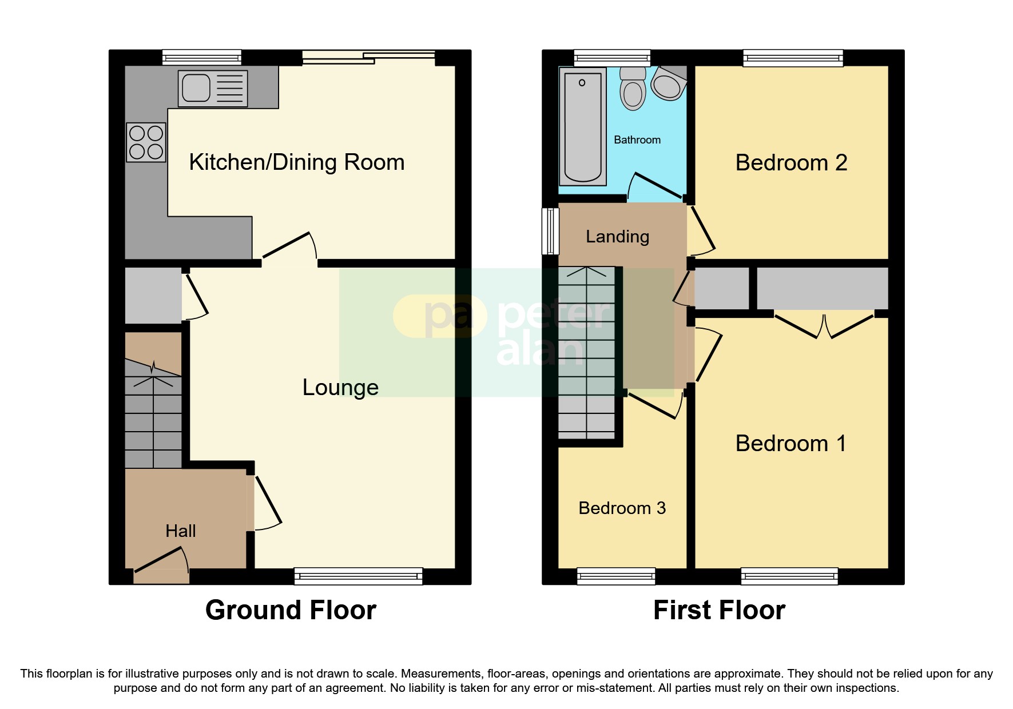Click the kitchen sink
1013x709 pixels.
212,89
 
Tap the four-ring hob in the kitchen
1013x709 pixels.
146,142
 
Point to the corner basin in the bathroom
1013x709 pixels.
668,84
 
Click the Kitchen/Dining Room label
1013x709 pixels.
296,162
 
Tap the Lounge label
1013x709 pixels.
340,388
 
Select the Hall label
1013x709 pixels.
180,531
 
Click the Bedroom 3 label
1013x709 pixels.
622,508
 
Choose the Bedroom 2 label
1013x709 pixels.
791,163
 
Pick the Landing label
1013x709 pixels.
617,237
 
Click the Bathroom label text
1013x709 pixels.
637,140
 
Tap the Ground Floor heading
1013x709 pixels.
291,610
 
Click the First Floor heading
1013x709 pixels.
719,610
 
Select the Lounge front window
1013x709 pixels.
358,576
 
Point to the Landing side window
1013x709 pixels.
550,231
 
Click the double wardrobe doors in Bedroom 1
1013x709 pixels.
824,326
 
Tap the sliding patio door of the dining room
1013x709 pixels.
368,55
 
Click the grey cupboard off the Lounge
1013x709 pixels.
153,296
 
